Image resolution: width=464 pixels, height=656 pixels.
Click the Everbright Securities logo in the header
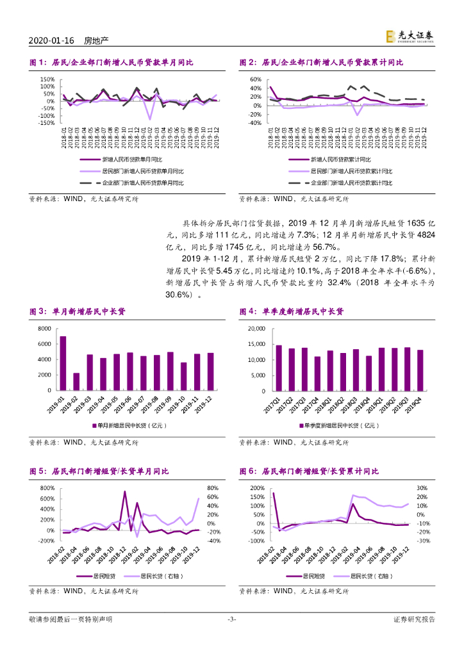(x=410, y=37)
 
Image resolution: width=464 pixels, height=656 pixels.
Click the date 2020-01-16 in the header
(x=52, y=40)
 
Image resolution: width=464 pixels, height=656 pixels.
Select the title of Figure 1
(x=112, y=63)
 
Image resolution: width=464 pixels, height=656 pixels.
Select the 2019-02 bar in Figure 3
(x=76, y=381)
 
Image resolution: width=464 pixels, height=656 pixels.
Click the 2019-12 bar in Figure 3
(x=211, y=371)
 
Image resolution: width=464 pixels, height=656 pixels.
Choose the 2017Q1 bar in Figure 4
(x=279, y=367)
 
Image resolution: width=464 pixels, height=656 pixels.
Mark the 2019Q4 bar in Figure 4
(x=420, y=370)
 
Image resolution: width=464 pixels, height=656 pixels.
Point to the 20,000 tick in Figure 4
(x=255, y=329)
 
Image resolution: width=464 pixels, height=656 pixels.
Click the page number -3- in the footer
(x=232, y=637)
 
